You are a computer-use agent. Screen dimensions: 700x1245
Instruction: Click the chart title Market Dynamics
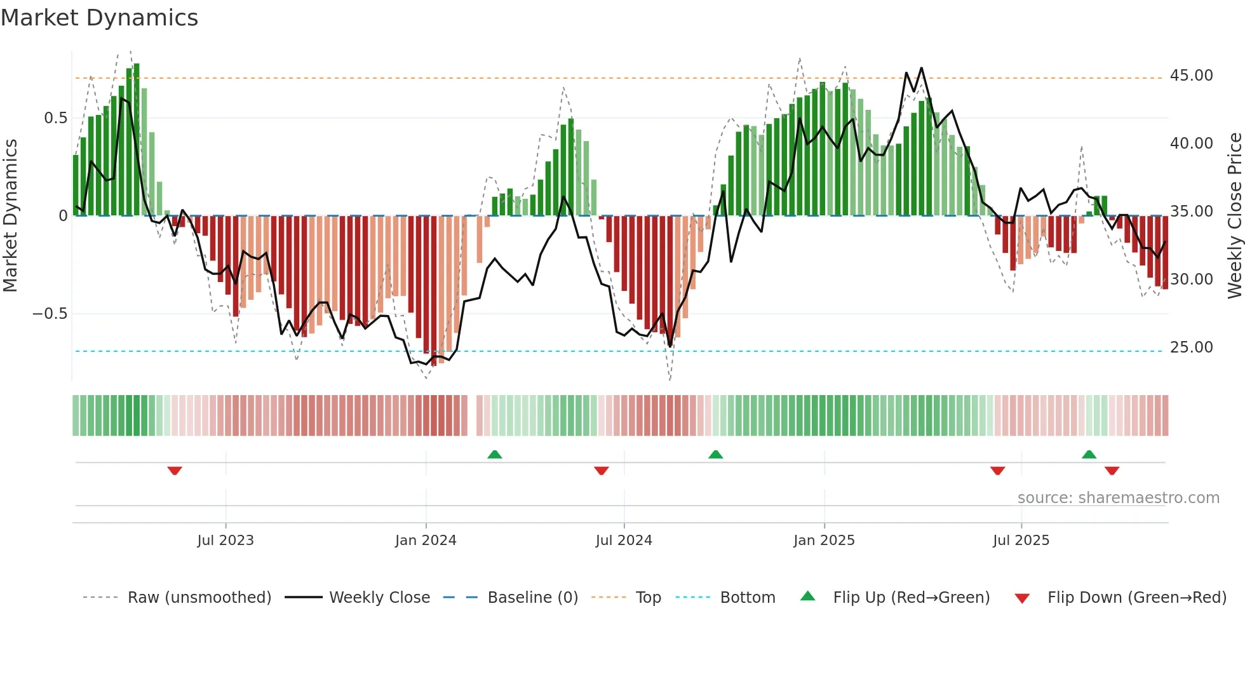pyautogui.click(x=99, y=18)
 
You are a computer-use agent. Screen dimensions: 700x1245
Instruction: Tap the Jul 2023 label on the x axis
pyautogui.click(x=225, y=541)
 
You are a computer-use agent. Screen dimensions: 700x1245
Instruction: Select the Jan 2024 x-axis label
pyautogui.click(x=426, y=541)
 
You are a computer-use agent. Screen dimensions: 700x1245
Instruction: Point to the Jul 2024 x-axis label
pyautogui.click(x=624, y=541)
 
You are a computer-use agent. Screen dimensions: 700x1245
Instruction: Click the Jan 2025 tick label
pyautogui.click(x=824, y=541)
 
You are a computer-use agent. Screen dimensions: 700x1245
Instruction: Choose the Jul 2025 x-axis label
pyautogui.click(x=1021, y=541)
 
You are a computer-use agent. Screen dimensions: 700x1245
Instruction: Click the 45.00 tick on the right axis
pyautogui.click(x=1191, y=76)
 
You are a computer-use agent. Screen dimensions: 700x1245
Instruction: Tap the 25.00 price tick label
pyautogui.click(x=1191, y=347)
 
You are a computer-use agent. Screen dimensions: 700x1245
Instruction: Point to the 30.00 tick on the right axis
pyautogui.click(x=1191, y=279)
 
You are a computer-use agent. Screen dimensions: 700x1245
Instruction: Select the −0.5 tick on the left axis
pyautogui.click(x=50, y=314)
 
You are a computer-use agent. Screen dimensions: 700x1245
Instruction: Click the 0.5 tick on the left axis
pyautogui.click(x=55, y=118)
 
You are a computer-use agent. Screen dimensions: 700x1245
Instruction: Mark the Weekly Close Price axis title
pyautogui.click(x=1234, y=216)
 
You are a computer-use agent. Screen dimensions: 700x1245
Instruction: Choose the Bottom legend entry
pyautogui.click(x=747, y=598)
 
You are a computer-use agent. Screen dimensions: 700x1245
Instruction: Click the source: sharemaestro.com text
pyautogui.click(x=1118, y=498)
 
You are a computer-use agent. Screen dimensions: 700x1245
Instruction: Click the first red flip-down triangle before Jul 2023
pyautogui.click(x=175, y=471)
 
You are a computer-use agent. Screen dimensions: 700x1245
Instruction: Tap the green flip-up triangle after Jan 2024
pyautogui.click(x=495, y=454)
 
